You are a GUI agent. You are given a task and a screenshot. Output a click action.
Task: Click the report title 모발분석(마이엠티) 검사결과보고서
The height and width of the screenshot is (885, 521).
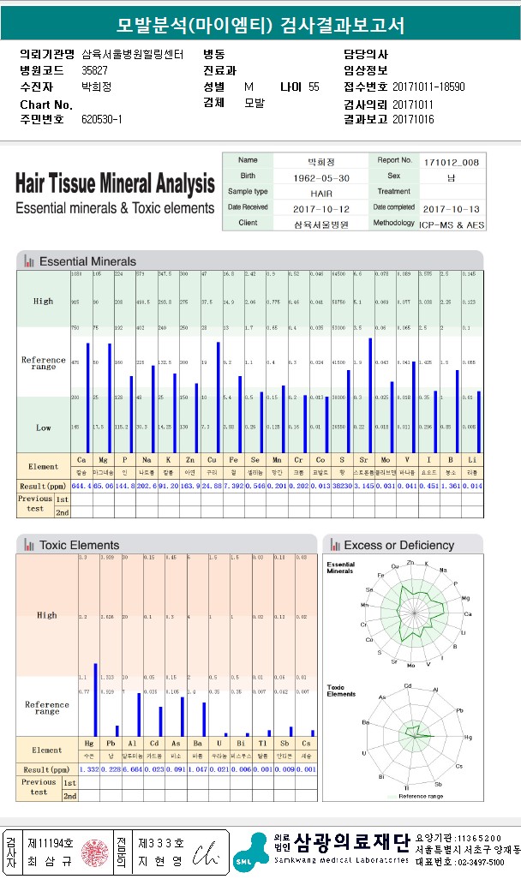tap(260, 26)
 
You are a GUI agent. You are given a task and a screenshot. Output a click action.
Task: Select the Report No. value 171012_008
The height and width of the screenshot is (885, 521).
tap(451, 162)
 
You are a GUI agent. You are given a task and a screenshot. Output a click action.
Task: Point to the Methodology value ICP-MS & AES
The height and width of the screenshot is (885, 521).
tap(451, 224)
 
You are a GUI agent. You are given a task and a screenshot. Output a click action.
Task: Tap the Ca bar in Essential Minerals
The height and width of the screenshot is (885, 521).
tap(87, 397)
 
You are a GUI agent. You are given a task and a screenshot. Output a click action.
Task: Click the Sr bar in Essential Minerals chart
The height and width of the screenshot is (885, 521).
tap(370, 394)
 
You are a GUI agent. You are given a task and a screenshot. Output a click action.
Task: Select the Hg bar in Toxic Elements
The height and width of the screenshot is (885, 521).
tap(95, 699)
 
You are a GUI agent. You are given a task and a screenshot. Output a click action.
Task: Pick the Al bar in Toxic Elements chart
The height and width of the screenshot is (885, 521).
tap(139, 714)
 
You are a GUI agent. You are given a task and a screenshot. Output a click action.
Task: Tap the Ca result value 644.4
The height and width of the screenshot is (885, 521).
tap(81, 486)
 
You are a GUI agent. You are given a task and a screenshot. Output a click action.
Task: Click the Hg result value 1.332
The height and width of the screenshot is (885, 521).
tap(89, 768)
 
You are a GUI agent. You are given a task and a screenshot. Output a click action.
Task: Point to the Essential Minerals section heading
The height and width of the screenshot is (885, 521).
tap(87, 260)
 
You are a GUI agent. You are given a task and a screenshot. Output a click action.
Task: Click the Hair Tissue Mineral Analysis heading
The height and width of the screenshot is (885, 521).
tap(115, 183)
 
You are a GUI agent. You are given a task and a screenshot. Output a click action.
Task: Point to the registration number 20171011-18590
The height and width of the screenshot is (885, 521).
tap(428, 87)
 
